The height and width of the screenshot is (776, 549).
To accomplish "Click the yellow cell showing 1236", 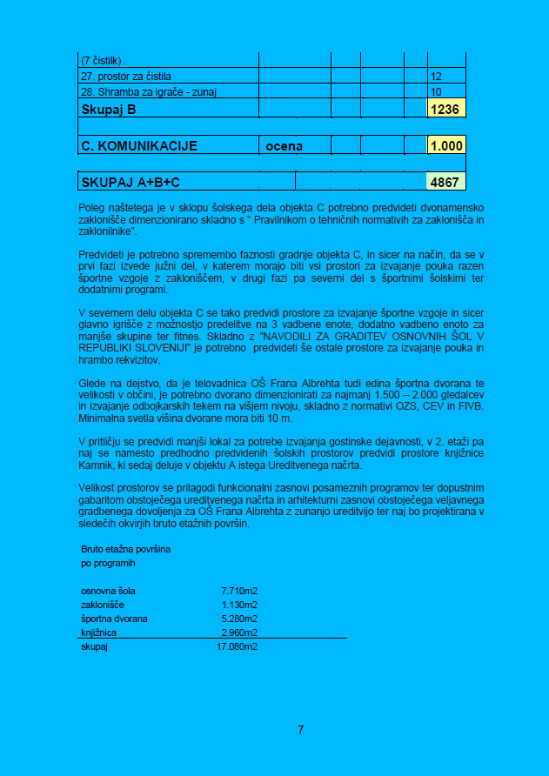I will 447,110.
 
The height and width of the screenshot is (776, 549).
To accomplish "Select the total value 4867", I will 447,183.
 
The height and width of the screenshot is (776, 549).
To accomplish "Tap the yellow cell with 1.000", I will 447,146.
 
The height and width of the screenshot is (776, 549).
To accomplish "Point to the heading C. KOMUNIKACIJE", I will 139,146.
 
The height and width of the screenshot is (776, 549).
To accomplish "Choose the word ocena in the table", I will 285,146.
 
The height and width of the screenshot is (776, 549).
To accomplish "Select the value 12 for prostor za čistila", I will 437,77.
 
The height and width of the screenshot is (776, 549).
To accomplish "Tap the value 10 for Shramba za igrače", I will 437,91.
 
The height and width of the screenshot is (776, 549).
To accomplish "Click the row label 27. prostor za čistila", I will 126,77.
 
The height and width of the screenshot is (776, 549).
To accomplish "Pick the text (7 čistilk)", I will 101,61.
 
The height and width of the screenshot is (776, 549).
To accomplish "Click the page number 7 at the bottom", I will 300,730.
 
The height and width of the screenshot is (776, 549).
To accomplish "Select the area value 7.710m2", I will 239,592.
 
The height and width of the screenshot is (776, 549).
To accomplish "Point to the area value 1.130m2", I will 239,605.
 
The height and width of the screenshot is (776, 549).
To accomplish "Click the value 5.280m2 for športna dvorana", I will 239,619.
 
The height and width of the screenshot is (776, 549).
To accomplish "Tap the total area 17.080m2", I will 237,647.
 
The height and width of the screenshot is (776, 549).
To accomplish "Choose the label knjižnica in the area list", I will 98,632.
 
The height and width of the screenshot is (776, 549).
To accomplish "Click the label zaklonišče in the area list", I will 103,605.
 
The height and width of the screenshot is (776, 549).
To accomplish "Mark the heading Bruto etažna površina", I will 126,550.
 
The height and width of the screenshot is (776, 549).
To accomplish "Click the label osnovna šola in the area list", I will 108,592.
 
